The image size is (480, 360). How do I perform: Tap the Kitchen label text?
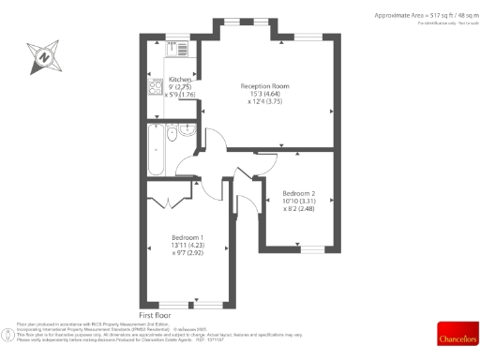181,80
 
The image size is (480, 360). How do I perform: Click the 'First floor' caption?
157,316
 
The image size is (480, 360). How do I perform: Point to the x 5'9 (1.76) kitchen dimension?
181,95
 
